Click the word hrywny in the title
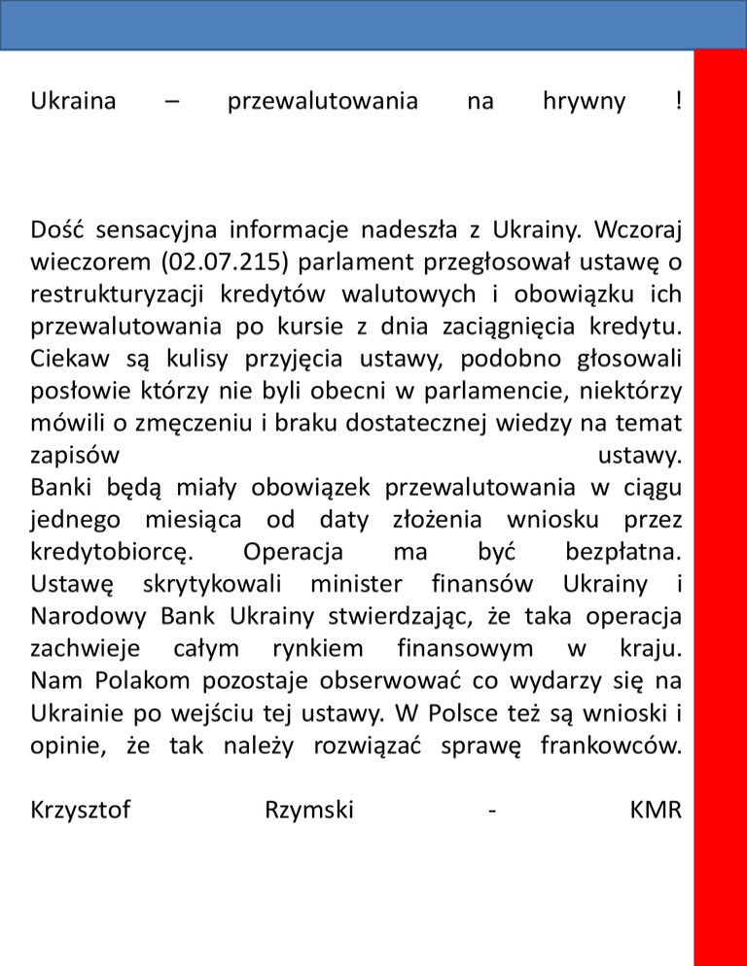[584, 101]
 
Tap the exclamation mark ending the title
[676, 101]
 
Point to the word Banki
[60, 486]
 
